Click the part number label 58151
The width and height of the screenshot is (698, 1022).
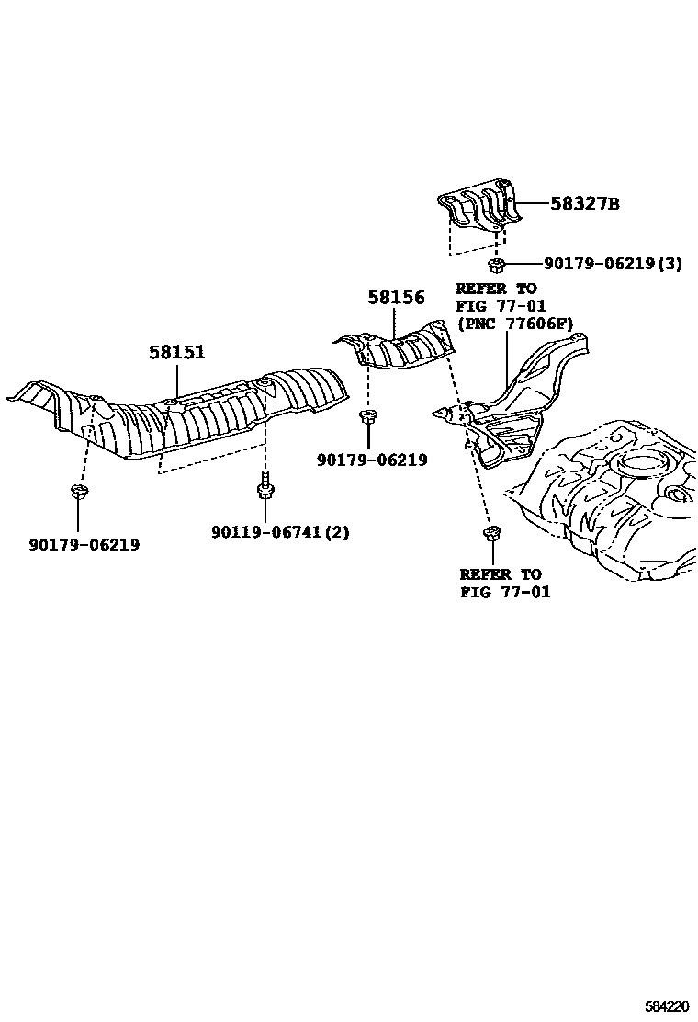177,352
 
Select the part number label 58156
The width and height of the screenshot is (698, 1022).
396,298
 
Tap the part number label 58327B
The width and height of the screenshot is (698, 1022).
584,204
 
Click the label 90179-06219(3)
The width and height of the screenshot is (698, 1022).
613,264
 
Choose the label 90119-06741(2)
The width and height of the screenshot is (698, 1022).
280,532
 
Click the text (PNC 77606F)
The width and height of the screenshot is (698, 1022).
515,324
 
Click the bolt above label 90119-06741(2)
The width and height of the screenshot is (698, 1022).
265,486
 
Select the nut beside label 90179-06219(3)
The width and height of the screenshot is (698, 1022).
497,266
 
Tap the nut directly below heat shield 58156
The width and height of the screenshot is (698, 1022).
367,419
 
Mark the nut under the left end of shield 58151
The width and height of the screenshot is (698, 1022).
77,492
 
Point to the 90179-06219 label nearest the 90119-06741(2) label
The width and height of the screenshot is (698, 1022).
372,460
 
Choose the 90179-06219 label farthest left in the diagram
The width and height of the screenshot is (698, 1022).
83,545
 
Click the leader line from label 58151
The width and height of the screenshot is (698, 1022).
177,381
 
